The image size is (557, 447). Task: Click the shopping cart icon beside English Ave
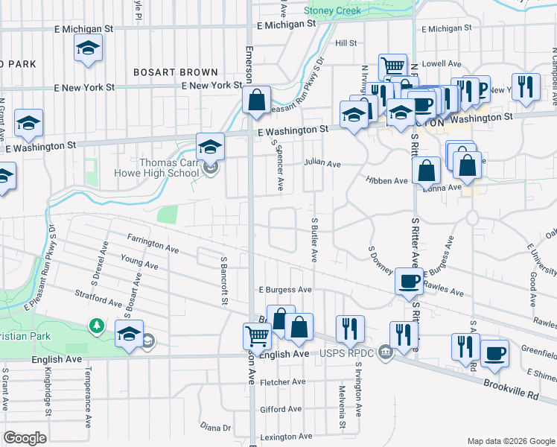(257, 335)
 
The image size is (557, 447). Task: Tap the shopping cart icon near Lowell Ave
(392, 66)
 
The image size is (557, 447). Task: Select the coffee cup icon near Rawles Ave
(409, 281)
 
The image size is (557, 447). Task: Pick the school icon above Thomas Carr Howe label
(211, 146)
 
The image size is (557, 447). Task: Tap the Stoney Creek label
(333, 10)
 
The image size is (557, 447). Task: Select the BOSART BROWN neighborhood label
(176, 72)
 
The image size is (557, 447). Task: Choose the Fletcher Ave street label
(283, 382)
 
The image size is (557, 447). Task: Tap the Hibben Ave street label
(386, 181)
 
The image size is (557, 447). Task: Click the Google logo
(25, 438)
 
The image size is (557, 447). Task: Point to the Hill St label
(346, 44)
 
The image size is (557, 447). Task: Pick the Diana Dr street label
(216, 427)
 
